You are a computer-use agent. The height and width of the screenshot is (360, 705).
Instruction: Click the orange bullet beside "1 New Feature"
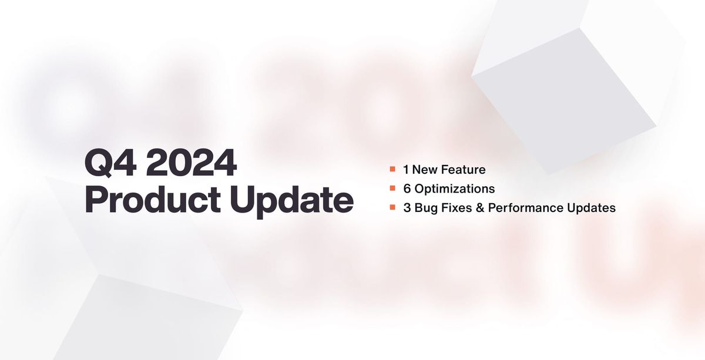pyautogui.click(x=392, y=170)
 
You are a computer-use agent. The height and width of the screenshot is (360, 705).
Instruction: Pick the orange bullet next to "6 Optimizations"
pyautogui.click(x=392, y=189)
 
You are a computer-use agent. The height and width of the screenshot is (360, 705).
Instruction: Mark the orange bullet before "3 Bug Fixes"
pyautogui.click(x=392, y=207)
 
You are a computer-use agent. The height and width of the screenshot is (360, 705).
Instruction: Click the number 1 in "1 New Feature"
pyautogui.click(x=405, y=170)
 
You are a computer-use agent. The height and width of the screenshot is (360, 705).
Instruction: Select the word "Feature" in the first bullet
pyautogui.click(x=464, y=170)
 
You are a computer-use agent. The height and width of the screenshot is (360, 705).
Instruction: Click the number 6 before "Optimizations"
pyautogui.click(x=407, y=189)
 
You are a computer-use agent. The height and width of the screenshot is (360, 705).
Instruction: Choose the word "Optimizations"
pyautogui.click(x=456, y=189)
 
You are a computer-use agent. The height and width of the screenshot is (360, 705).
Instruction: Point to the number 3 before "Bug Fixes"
pyautogui.click(x=407, y=207)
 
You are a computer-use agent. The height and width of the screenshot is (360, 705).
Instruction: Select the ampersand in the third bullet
pyautogui.click(x=479, y=207)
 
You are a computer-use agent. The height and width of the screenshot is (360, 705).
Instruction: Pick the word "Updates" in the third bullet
pyautogui.click(x=589, y=208)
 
